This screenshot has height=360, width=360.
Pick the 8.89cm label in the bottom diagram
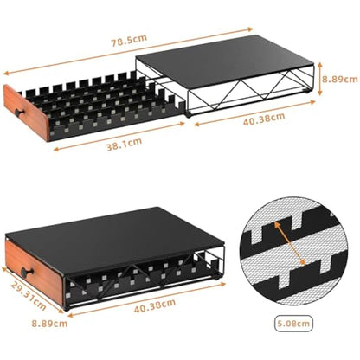coord(25,325)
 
